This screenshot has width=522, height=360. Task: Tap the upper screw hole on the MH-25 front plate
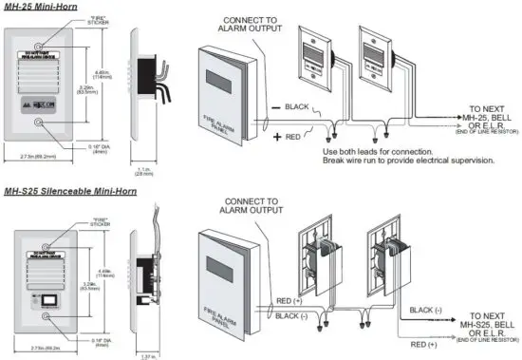tap(38, 45)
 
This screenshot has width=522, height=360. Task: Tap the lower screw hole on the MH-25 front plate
tap(38, 123)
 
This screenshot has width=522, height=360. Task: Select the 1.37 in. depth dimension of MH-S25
tap(147, 355)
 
